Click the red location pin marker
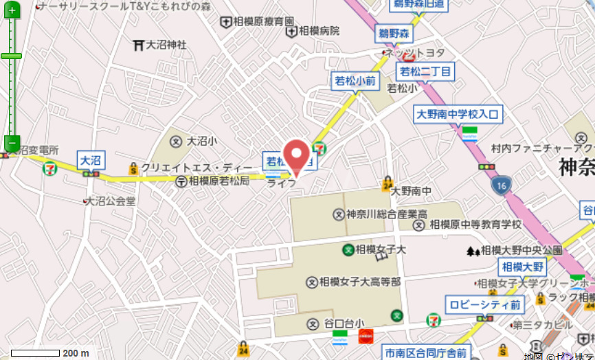coord(296,155)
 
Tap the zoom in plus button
coord(11,10)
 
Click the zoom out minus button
coord(11,143)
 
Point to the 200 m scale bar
coord(35,353)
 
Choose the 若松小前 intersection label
coord(355,81)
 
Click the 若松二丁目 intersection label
coord(426,71)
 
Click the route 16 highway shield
coord(502,185)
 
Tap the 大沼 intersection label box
coord(91,160)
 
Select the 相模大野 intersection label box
coord(522,267)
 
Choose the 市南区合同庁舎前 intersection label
coord(426,353)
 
